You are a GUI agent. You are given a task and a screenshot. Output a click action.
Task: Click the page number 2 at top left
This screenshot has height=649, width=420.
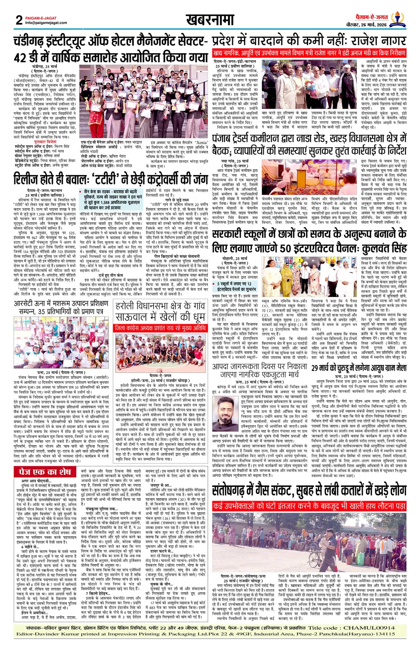[18, 20]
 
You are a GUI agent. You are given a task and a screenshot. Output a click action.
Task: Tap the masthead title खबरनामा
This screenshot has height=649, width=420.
[210, 20]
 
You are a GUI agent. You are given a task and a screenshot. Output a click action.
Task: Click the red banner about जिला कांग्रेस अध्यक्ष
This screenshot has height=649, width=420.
[160, 328]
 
